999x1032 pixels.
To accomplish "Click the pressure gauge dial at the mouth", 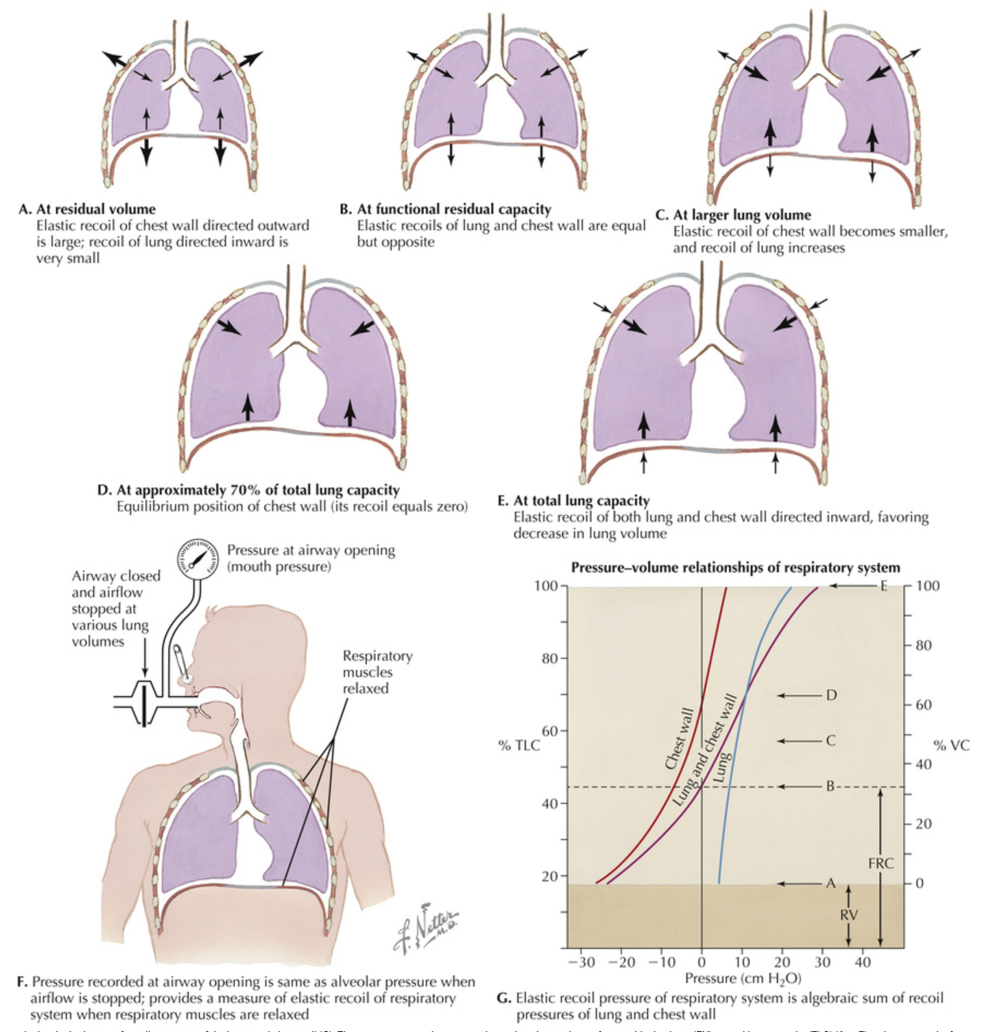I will [197, 559].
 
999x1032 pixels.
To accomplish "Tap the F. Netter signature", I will [428, 927].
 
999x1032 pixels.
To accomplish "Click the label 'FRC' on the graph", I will [880, 863].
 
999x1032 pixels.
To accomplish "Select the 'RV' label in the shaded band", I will [848, 914].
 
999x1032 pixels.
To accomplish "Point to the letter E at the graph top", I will [884, 585].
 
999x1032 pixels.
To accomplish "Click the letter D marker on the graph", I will [831, 695].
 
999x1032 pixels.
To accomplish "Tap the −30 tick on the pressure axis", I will [581, 962].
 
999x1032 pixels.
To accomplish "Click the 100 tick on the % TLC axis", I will [546, 586].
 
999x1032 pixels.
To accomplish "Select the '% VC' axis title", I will [951, 745].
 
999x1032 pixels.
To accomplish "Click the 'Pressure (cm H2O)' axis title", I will [743, 978].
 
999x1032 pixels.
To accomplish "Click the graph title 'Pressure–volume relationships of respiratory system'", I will [735, 567].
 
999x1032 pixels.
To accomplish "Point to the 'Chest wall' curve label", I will [679, 738].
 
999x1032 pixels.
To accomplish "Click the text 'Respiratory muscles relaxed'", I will [377, 672].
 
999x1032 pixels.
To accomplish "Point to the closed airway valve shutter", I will [145, 703].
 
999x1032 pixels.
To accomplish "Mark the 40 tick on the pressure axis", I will [862, 962].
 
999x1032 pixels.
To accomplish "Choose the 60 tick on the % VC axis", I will [923, 705].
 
